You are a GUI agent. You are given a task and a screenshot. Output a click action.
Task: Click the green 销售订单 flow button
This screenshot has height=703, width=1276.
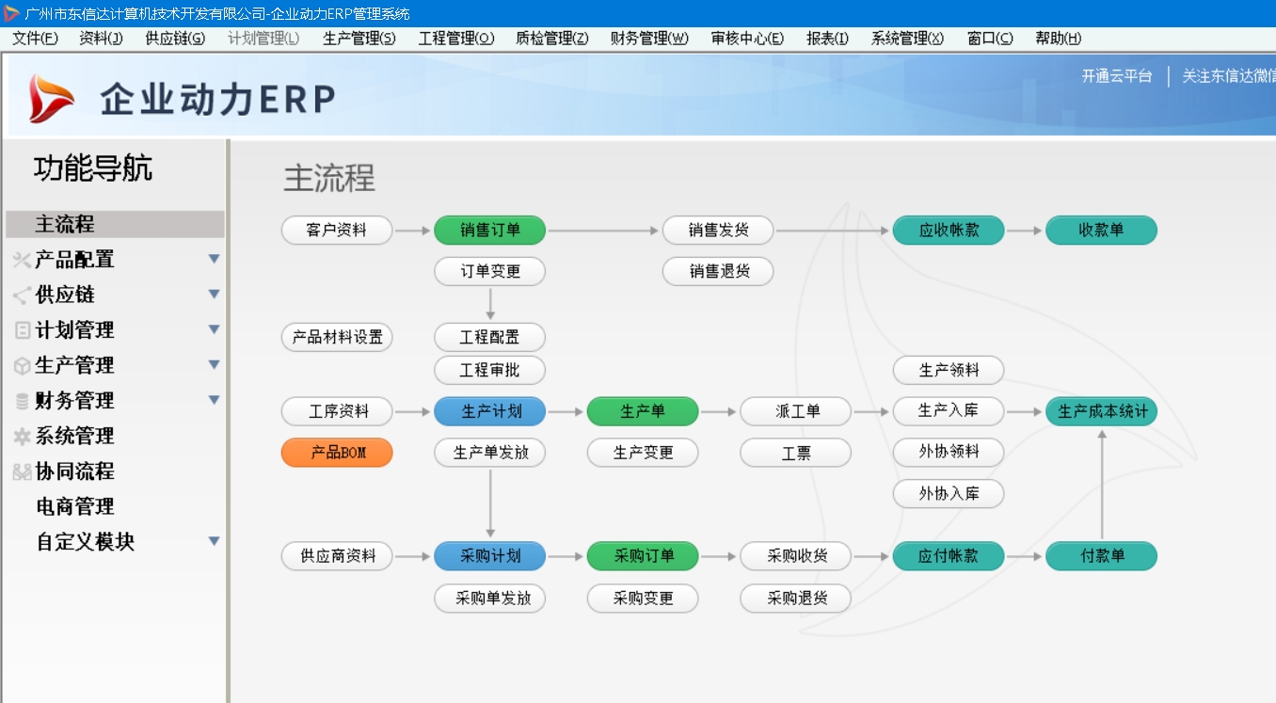pyautogui.click(x=489, y=230)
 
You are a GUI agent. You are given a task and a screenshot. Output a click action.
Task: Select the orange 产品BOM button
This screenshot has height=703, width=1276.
pyautogui.click(x=337, y=453)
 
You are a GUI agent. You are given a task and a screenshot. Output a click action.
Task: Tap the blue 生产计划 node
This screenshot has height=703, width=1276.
pyautogui.click(x=489, y=411)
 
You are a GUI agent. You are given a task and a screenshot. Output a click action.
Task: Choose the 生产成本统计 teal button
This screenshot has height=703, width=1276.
pyautogui.click(x=1101, y=411)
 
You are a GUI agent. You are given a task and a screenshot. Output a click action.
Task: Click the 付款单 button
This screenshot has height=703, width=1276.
pyautogui.click(x=1101, y=555)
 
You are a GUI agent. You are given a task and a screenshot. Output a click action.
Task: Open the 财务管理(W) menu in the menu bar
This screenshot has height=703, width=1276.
pyautogui.click(x=648, y=39)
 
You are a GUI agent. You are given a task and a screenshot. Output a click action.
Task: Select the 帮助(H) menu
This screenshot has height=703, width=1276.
pyautogui.click(x=1058, y=39)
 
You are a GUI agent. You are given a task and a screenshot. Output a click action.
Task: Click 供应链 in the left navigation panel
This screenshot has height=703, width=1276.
pyautogui.click(x=65, y=295)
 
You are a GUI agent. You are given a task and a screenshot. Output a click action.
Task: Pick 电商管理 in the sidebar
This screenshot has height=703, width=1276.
pyautogui.click(x=75, y=506)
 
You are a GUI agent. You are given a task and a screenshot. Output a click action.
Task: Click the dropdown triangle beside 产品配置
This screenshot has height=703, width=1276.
pyautogui.click(x=214, y=259)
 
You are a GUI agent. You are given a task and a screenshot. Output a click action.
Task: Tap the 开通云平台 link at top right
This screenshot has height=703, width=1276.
pyautogui.click(x=1116, y=76)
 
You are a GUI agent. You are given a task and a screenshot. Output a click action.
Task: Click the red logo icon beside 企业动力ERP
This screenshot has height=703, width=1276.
pyautogui.click(x=51, y=98)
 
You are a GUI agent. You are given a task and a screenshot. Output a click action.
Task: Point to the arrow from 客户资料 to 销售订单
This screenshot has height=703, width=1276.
pyautogui.click(x=412, y=230)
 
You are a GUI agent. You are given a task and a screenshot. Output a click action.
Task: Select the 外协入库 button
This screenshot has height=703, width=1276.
pyautogui.click(x=949, y=493)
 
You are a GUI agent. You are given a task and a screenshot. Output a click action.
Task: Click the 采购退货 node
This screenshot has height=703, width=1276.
pyautogui.click(x=796, y=598)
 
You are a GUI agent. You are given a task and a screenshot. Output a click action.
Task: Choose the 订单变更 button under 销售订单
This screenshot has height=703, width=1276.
pyautogui.click(x=489, y=271)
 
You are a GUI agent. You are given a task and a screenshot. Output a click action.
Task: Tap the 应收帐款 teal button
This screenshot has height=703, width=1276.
pyautogui.click(x=949, y=230)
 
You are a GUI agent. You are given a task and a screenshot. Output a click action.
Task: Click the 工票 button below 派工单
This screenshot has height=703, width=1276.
pyautogui.click(x=796, y=453)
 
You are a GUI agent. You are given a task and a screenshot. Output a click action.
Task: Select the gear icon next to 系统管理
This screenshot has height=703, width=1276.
pyautogui.click(x=22, y=436)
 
